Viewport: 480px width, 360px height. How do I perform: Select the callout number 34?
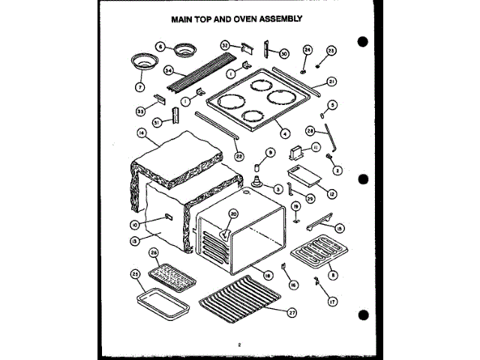[169, 70]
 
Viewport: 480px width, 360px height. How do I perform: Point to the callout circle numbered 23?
[331, 51]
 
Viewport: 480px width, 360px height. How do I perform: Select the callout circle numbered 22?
[238, 156]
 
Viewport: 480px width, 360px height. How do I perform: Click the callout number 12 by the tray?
[331, 193]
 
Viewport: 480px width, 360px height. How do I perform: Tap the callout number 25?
[136, 274]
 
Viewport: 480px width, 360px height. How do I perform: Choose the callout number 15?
[338, 228]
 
